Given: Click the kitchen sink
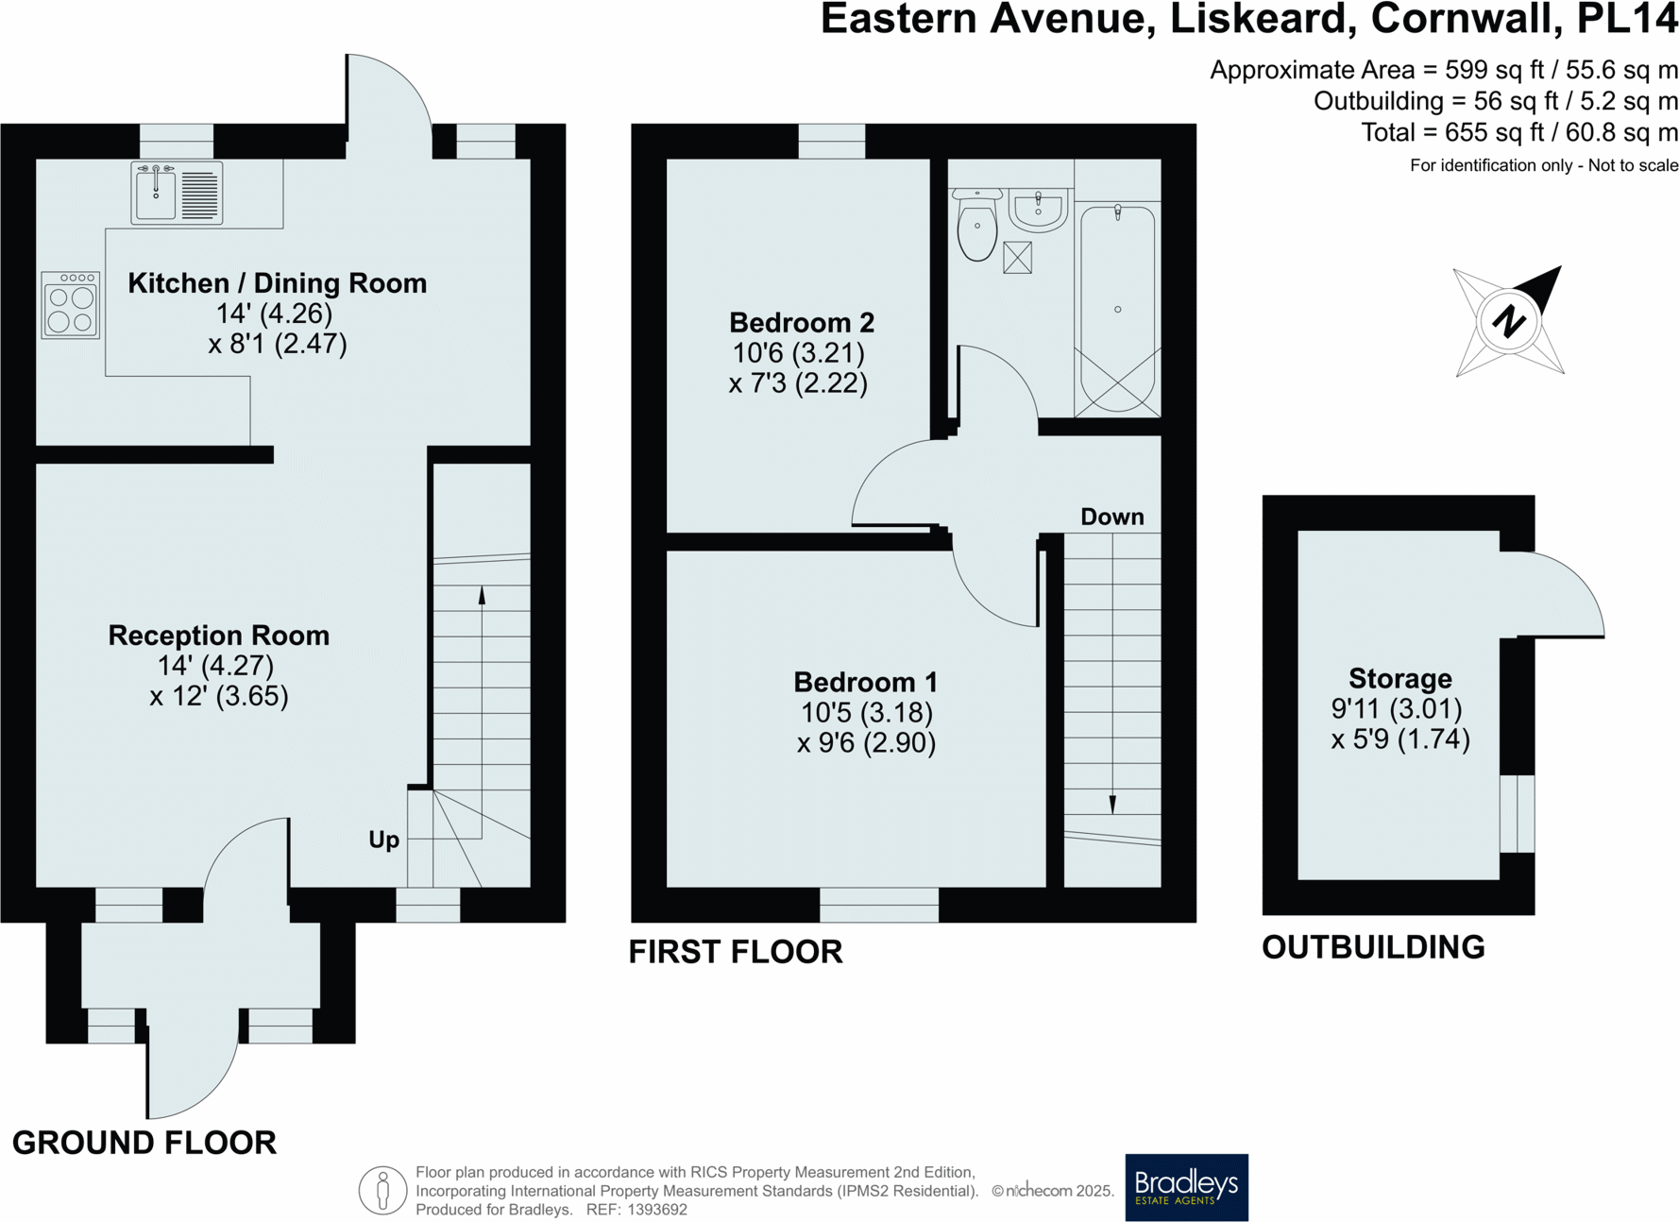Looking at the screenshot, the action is click(177, 193).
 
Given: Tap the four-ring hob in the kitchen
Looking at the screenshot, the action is click(71, 305).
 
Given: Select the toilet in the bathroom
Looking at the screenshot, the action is click(976, 225).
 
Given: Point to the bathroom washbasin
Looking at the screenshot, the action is click(1038, 209).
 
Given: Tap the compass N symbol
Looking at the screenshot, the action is click(1509, 321).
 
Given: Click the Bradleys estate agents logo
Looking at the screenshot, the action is click(1186, 1187).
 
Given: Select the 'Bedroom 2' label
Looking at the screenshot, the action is click(802, 323).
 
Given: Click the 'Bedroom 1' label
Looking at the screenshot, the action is click(866, 682).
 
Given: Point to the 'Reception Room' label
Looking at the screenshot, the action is click(219, 636).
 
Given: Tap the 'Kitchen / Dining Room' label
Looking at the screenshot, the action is click(277, 283).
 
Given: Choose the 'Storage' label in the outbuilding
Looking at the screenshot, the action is click(1400, 679).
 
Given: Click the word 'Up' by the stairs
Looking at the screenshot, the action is click(383, 840).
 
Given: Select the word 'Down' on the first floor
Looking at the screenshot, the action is click(1112, 517).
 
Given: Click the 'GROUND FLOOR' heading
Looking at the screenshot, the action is click(144, 1143).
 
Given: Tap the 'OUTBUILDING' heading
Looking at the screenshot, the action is click(1373, 947).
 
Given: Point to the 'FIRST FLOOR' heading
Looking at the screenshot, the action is click(736, 952).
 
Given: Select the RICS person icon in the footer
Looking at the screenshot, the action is click(382, 1190).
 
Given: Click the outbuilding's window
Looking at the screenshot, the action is click(1518, 814).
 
